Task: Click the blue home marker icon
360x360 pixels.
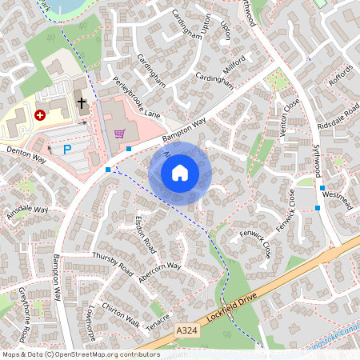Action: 180,173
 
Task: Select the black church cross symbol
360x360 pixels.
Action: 80,102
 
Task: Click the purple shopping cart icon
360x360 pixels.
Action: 120,134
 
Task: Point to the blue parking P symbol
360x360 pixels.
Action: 67,149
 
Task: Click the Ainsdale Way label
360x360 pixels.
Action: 27,212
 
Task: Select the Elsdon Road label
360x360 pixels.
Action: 145,234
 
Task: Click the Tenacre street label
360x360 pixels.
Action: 158,318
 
